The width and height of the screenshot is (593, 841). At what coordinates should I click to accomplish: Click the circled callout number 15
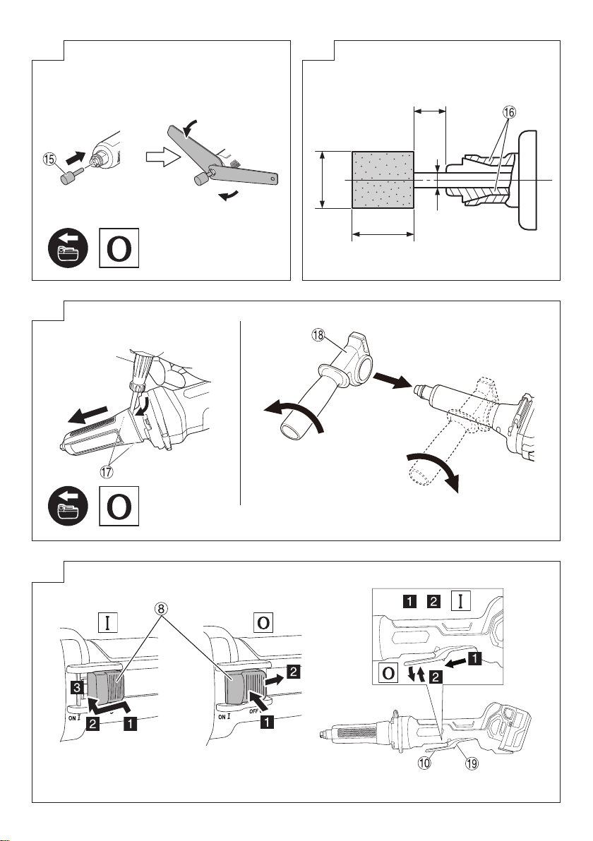[50, 159]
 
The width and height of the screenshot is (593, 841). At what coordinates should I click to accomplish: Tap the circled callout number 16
[509, 112]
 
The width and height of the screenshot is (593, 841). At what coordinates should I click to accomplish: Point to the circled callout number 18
[318, 335]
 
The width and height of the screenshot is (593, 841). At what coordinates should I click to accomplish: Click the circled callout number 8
[160, 609]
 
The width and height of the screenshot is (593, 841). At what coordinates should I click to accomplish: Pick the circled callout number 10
[424, 762]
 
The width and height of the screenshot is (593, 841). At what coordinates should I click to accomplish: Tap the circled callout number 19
[471, 762]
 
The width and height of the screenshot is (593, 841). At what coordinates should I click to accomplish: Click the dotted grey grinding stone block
[383, 180]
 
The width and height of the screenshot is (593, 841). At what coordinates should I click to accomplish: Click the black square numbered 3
[78, 687]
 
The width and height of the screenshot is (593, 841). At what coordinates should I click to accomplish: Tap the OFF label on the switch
[254, 712]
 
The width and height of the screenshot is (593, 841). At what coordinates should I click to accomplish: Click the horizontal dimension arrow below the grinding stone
[383, 234]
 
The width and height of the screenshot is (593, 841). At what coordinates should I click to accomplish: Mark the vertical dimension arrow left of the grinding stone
[323, 180]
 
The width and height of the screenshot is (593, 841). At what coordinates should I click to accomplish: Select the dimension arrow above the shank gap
[430, 111]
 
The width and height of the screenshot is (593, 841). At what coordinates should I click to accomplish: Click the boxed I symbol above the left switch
[108, 623]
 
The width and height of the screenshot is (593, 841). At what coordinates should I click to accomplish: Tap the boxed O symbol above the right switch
[263, 623]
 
